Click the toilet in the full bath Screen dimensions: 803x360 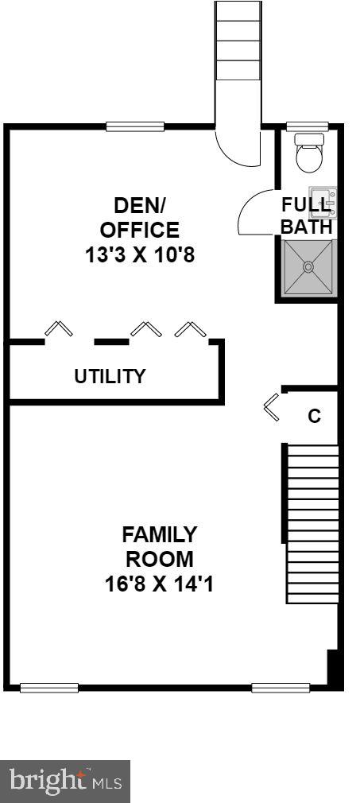(308, 153)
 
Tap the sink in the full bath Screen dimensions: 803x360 (323, 202)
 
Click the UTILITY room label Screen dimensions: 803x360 (110, 376)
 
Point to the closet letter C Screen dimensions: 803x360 (315, 416)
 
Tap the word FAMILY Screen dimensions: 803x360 (160, 533)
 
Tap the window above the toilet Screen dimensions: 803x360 (307, 126)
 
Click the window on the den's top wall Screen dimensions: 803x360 (135, 126)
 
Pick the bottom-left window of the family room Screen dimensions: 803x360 (48, 688)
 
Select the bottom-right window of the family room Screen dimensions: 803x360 (280, 688)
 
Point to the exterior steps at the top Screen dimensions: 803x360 (238, 40)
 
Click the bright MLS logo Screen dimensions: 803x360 (65, 782)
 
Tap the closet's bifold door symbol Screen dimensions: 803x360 (273, 406)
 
